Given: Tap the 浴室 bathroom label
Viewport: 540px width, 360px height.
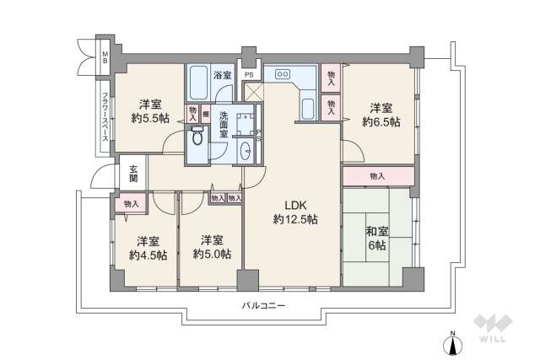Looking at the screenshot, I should click(222, 75).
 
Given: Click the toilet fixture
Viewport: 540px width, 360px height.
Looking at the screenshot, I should click(197, 137).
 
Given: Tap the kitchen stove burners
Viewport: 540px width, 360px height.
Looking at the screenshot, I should click(282, 74).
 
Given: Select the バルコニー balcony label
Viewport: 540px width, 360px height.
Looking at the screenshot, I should click(262, 305).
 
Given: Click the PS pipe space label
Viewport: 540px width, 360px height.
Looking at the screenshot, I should click(249, 75).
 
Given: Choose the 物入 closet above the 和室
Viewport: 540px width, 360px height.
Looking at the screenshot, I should click(377, 176).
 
